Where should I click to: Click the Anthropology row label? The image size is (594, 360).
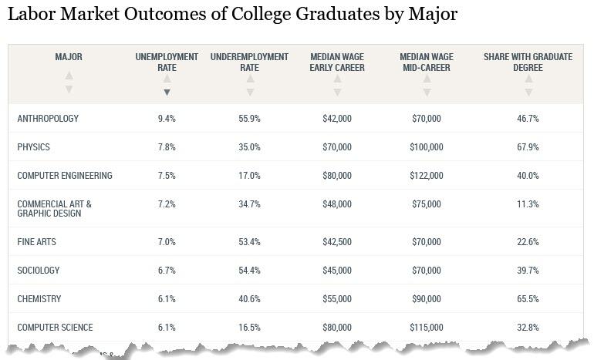coord(48,119)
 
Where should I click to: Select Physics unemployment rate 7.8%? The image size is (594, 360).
coord(167,147)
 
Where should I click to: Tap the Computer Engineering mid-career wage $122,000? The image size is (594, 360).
coord(426,176)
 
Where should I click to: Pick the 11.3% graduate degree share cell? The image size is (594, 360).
coord(528,204)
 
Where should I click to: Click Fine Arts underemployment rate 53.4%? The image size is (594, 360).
coord(249,242)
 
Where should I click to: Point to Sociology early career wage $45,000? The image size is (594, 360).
coord(337,271)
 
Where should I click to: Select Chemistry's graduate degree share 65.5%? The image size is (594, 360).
coord(528,299)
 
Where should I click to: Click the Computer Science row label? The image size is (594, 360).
coord(54,328)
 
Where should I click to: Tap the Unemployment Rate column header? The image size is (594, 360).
coord(167,62)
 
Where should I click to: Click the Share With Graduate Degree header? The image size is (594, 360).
coord(528,62)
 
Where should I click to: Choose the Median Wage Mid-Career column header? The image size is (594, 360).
coord(426,62)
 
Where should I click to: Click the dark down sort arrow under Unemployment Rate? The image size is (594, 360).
coord(167,93)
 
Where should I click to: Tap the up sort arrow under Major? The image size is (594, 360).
coord(69,76)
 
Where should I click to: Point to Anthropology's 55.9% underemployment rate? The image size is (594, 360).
coord(249,119)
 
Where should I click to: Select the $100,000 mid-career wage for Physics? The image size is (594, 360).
coord(426,147)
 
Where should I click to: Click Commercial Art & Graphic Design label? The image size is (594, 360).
coord(54,208)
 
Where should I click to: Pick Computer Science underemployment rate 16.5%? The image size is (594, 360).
coord(249,328)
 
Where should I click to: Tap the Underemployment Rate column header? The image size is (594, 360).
coord(249,62)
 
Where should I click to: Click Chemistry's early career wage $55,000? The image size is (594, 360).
coord(337,299)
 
